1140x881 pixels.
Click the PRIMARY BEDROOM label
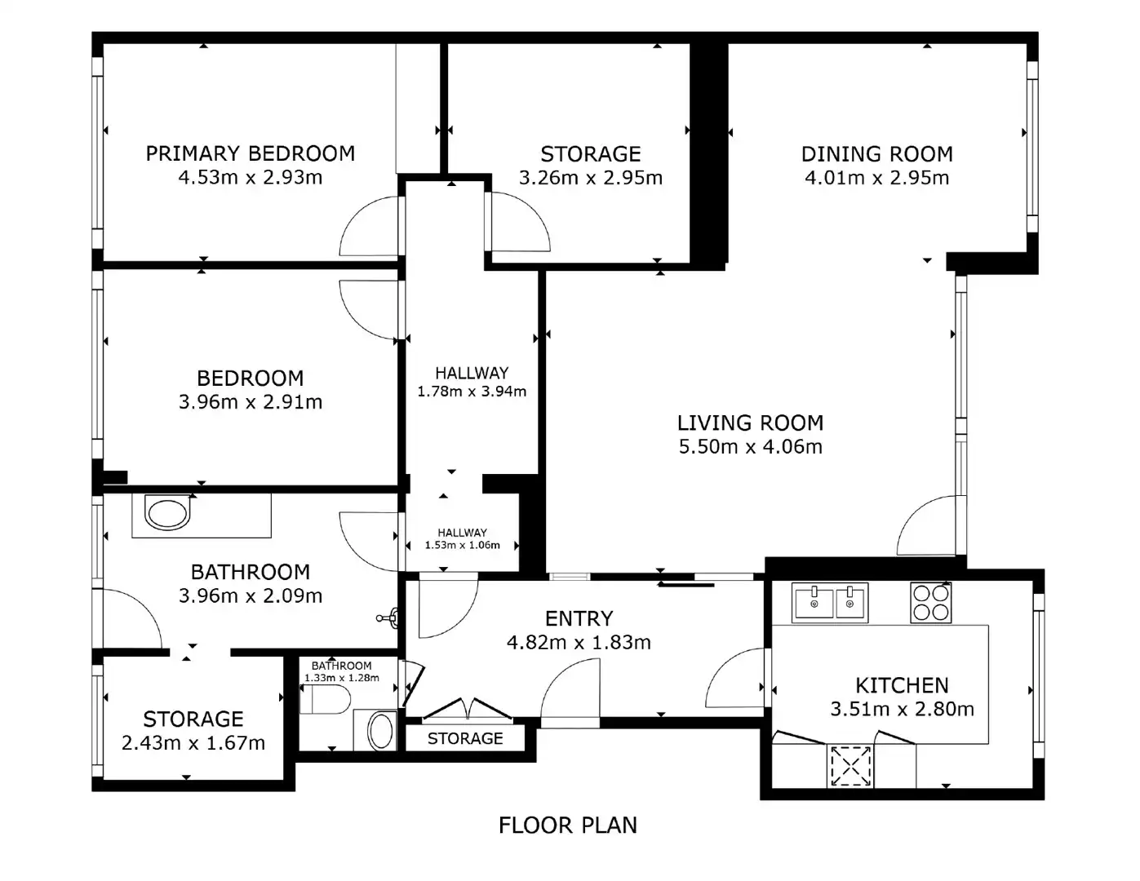tap(251, 153)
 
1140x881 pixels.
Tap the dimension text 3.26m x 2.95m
tap(591, 178)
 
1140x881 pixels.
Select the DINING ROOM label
tap(876, 154)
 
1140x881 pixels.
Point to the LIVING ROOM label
tap(750, 423)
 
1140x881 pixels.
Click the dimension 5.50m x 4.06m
tap(750, 447)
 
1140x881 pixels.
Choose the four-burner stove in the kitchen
tap(930, 603)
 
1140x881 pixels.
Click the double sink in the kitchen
tap(830, 603)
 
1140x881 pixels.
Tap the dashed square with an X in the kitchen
tap(850, 766)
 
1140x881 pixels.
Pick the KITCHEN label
tap(902, 685)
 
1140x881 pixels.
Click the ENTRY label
tap(579, 619)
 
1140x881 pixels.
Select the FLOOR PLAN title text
tap(568, 826)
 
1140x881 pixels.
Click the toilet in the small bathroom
tap(326, 700)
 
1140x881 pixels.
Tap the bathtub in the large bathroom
tap(166, 514)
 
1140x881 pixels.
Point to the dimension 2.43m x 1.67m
tap(193, 743)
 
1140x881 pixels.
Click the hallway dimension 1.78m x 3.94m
tap(472, 392)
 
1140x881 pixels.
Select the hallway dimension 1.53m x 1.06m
tap(462, 546)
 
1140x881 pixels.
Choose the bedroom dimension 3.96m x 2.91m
tap(251, 402)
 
